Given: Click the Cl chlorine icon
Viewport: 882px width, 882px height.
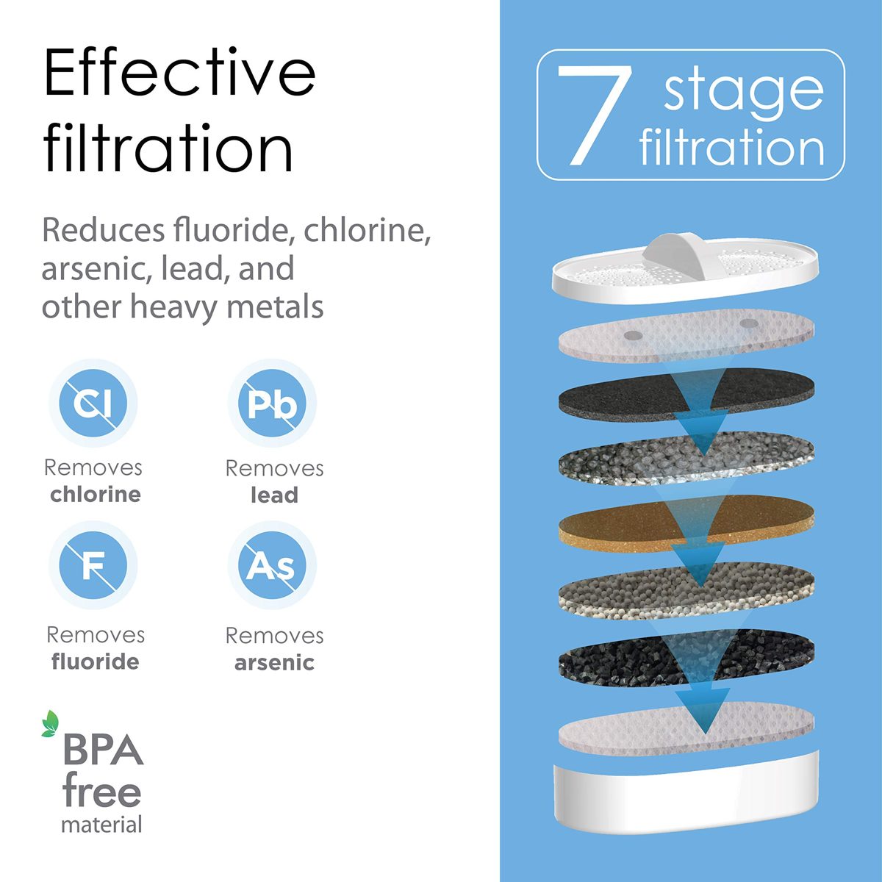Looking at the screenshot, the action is coord(93,403).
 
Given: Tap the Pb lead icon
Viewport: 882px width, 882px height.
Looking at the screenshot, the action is coord(273,403).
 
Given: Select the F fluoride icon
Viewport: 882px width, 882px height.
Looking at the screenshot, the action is coord(93,565).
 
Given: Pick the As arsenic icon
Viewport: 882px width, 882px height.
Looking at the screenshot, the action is coord(273,565).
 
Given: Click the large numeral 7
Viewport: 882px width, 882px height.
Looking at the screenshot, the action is coord(594,115).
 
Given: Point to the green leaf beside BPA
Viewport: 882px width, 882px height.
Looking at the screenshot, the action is coord(50,724).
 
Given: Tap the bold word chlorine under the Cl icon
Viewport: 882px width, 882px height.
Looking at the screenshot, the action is coord(96,495).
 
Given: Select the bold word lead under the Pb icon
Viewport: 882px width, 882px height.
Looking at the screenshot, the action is coord(275,495).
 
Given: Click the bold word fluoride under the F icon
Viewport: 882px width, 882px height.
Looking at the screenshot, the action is coord(96,661).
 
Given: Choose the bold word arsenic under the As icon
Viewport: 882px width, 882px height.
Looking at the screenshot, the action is coord(275,663).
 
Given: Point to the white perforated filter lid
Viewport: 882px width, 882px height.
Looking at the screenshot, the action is coord(685,270).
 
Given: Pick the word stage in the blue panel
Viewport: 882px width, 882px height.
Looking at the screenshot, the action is coord(743,92).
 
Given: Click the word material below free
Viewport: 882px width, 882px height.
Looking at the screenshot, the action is coord(101,825).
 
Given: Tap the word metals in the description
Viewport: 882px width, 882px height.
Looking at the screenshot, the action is coord(275,306).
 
